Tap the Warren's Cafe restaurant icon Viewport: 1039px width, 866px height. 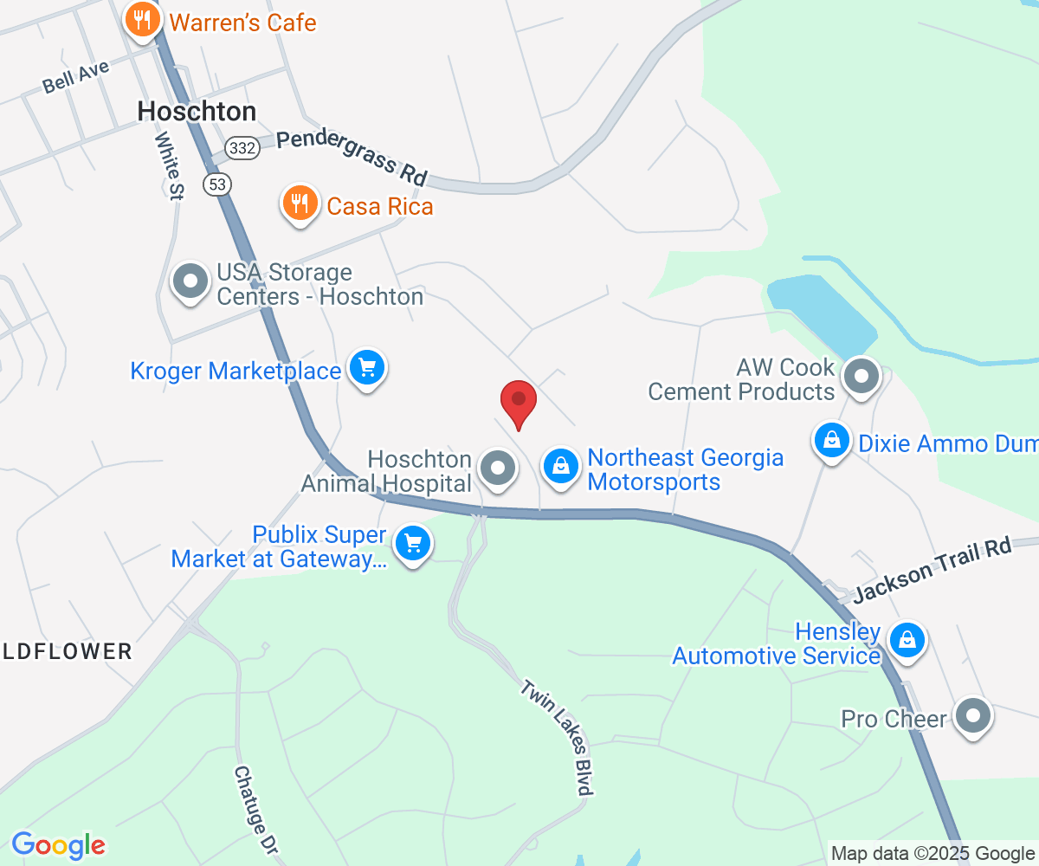(x=141, y=21)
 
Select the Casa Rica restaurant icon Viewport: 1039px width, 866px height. (x=300, y=204)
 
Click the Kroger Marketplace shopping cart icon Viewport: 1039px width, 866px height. (x=367, y=370)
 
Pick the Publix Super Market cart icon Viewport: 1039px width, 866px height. (x=413, y=545)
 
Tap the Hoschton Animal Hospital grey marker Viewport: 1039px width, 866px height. (x=498, y=468)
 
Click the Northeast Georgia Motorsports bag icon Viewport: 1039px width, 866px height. (x=561, y=468)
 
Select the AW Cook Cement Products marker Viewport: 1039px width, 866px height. (x=861, y=378)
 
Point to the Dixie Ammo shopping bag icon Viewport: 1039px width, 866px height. (x=831, y=441)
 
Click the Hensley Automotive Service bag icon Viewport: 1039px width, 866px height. (x=907, y=641)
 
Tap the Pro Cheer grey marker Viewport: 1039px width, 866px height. (x=974, y=717)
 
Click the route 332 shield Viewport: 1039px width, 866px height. (x=243, y=148)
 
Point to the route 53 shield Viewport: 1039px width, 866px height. (x=218, y=184)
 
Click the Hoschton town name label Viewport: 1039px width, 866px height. (x=197, y=112)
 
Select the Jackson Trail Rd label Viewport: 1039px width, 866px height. (x=933, y=571)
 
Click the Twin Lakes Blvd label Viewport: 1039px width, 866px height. (x=558, y=736)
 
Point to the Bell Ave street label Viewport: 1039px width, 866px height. (x=76, y=76)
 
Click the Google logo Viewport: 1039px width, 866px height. (x=58, y=844)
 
